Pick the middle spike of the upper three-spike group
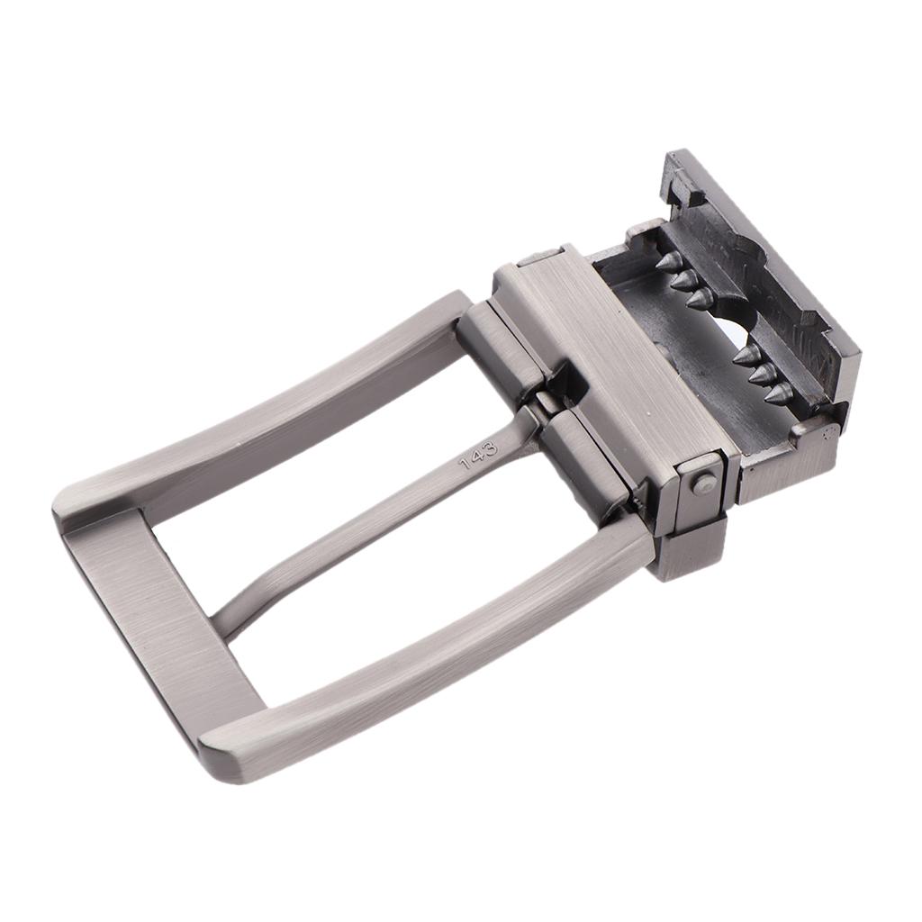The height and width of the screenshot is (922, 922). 686,280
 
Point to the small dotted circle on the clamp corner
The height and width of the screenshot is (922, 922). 826,433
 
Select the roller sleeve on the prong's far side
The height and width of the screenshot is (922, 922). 501,342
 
